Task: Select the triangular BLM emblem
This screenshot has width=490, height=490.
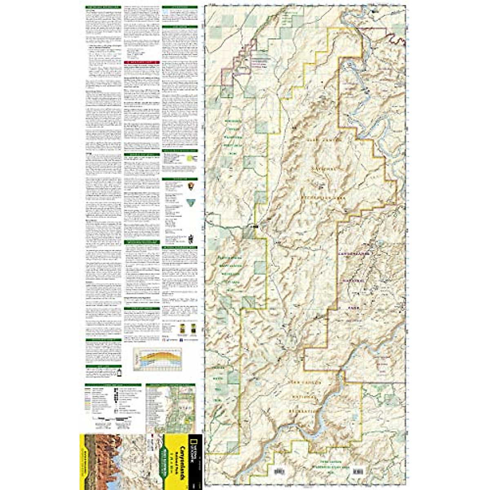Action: [x=189, y=203]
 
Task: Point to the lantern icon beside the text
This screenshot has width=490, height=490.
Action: [x=119, y=372]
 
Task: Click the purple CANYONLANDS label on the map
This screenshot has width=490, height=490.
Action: [x=354, y=254]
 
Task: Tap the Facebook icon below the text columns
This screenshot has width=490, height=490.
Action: [x=180, y=339]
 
